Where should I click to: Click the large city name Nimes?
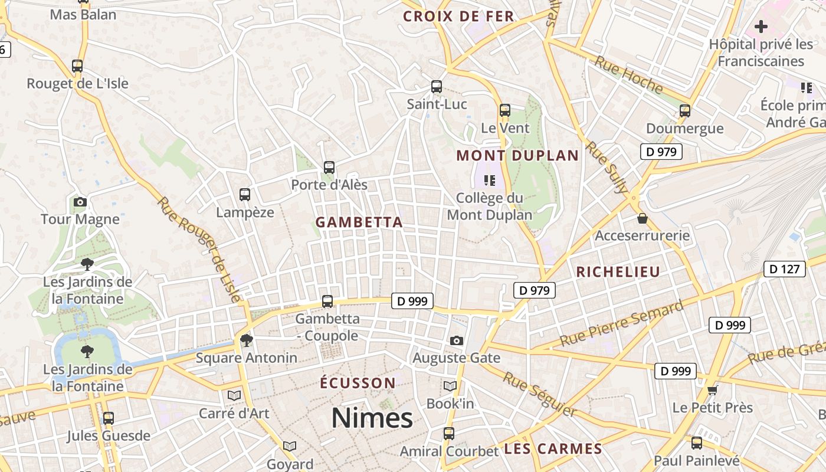(372, 418)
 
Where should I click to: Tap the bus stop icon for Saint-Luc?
(437, 87)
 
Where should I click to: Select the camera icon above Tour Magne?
(80, 202)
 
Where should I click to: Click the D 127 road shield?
(784, 270)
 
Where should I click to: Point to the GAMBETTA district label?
(359, 222)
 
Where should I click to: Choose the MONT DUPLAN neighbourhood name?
(517, 156)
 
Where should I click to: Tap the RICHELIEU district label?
(618, 272)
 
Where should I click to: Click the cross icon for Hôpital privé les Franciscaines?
(761, 27)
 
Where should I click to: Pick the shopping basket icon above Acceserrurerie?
(643, 218)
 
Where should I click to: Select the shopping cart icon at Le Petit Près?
(713, 390)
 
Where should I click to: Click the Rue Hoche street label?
(628, 74)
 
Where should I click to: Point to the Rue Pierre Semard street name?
(622, 323)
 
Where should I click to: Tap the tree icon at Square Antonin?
(246, 340)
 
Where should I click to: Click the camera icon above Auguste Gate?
(456, 340)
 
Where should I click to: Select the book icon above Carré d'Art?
(234, 395)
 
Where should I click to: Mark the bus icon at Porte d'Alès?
(329, 168)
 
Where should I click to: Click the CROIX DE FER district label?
(458, 17)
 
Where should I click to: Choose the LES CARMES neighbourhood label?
(553, 449)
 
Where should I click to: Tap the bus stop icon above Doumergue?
(685, 110)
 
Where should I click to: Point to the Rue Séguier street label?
(539, 394)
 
